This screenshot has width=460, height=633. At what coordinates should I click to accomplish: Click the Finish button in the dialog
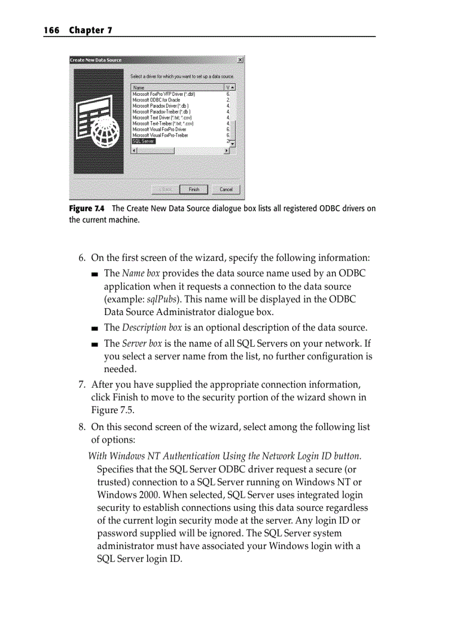coord(194,189)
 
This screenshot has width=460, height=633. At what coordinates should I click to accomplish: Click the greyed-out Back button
coord(166,189)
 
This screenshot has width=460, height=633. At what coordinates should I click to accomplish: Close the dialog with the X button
coord(241,60)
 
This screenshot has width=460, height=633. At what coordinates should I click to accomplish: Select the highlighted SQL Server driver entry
coord(143,141)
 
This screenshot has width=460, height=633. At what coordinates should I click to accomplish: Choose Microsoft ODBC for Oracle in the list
coord(156,100)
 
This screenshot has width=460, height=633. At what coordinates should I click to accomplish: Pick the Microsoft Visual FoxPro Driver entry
coord(159,129)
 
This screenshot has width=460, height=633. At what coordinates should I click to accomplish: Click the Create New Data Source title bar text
coord(95,60)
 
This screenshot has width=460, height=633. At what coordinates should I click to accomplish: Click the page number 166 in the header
coord(52,30)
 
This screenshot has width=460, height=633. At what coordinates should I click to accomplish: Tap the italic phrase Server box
coord(140,343)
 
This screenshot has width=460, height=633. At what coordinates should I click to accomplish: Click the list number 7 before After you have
coord(82,384)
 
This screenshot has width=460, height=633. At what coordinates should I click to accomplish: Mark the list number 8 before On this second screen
coord(82,427)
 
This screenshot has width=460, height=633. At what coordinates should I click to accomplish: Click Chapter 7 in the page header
coord(90,30)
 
